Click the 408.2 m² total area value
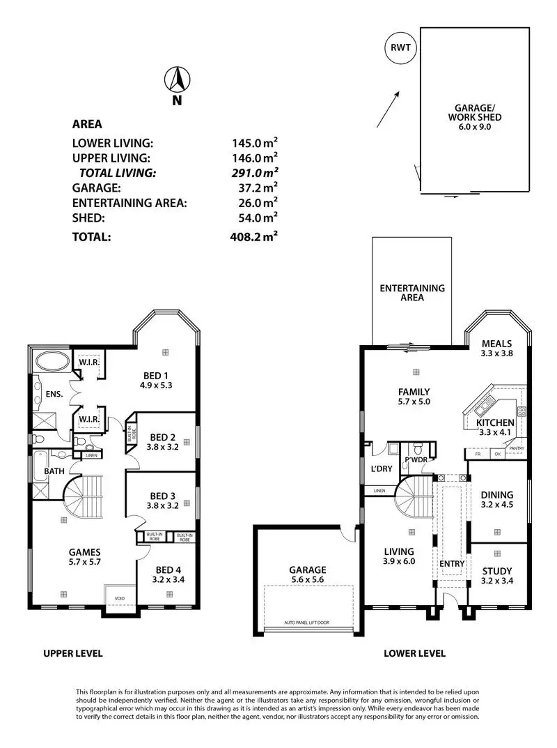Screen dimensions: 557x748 pos(255,237)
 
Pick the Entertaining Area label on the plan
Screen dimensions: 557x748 pos(411,293)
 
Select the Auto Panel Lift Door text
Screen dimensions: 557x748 pos(307,622)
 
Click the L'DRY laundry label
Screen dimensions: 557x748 pos(381,468)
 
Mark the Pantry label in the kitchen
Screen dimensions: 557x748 pos(516,449)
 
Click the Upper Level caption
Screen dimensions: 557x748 pos(73,654)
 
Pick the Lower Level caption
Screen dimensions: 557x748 pos(415,654)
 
